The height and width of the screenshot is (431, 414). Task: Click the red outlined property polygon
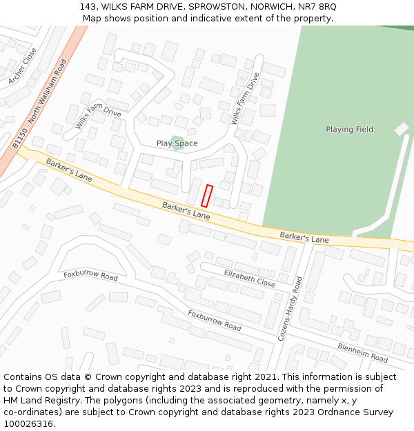[207, 195]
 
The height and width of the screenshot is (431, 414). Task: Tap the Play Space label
[177, 143]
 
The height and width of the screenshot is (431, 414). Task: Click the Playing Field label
[349, 129]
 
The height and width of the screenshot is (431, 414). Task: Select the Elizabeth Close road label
[249, 278]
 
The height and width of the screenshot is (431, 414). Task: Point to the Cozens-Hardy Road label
[289, 308]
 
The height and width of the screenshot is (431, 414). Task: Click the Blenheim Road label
[362, 352]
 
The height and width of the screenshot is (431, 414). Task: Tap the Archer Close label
[23, 66]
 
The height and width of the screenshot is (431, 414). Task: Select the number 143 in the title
[87, 6]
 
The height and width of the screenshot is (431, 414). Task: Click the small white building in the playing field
[401, 129]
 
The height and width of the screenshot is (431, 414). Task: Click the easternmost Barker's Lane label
[304, 238]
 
